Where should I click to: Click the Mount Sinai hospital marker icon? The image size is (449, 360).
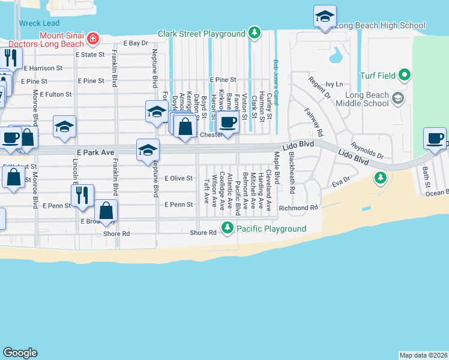pos(93,40)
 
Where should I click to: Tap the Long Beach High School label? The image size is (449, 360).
pos(379,25)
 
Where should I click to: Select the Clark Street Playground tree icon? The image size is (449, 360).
pos(255,32)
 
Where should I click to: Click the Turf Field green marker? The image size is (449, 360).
pos(405,76)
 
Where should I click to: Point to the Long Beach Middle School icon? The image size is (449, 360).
pos(397,97)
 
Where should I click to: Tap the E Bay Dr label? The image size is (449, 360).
pos(135,43)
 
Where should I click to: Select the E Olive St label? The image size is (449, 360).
pos(178,178)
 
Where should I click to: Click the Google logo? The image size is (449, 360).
pos(20,353)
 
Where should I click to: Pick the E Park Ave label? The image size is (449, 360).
pos(95,153)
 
